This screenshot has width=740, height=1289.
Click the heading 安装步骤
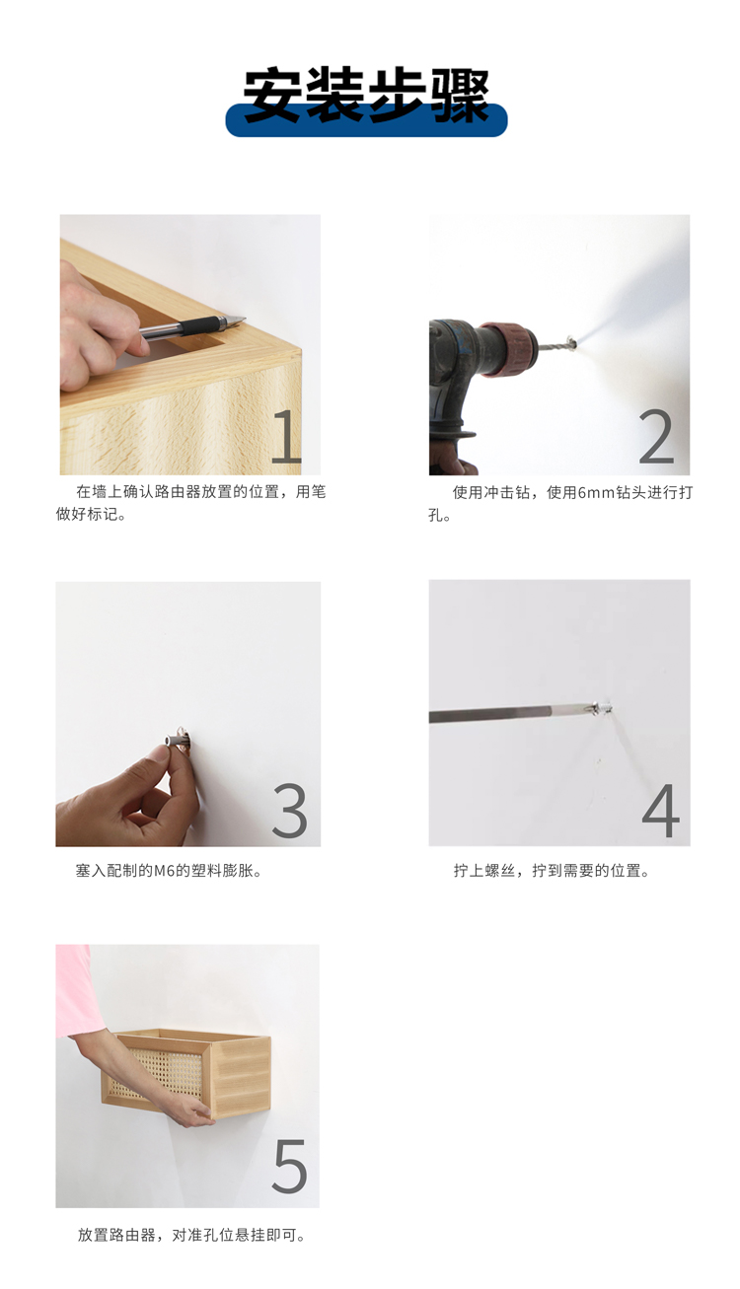coord(366,95)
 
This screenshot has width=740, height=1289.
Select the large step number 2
coord(656,436)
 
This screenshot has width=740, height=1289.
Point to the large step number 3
coord(289,811)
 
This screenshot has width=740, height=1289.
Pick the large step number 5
coord(289,1166)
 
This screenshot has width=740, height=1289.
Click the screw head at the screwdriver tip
coord(601,707)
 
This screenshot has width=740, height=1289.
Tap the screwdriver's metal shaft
coord(510,713)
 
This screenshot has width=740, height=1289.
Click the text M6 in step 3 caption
coord(163,871)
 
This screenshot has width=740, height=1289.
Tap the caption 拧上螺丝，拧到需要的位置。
coord(552,870)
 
